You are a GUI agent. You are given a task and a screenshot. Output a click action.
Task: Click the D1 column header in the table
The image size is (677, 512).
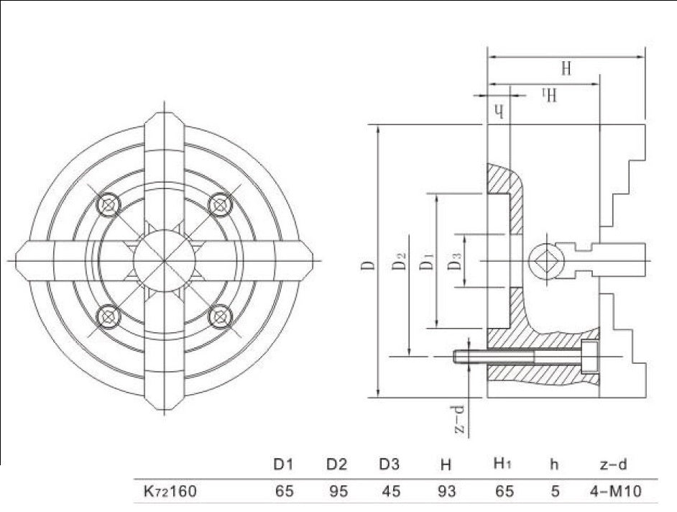285,465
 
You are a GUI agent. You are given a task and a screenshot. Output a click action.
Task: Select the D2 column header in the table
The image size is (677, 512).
337,465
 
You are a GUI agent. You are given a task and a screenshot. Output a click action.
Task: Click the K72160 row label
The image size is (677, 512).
166,493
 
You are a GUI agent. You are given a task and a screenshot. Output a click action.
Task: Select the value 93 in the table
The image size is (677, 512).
446,493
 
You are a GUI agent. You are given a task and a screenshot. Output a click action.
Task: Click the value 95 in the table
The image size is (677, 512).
337,493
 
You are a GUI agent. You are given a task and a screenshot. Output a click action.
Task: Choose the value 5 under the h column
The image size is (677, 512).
553,493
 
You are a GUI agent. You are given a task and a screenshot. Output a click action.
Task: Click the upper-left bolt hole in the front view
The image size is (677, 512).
109,205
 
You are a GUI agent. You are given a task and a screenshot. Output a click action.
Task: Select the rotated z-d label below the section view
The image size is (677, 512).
461,420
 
